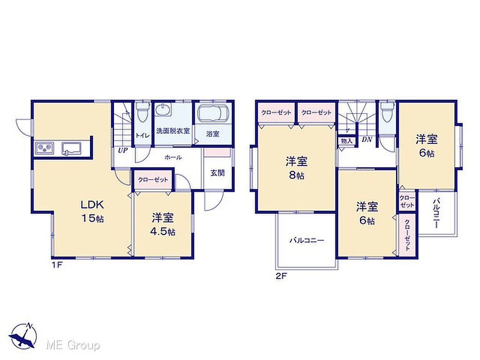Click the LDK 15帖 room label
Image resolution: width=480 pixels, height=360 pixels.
point(92,211)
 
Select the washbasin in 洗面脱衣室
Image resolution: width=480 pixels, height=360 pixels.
point(163,110)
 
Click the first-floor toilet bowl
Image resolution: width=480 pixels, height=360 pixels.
point(142,112)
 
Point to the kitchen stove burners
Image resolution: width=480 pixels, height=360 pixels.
point(45,149)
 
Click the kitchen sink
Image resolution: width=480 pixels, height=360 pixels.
point(71,149)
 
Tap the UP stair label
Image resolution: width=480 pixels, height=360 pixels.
point(123,150)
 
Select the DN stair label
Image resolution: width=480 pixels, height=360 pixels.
point(367,140)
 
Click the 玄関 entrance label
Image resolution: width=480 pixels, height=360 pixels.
point(217,173)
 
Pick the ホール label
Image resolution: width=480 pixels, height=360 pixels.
point(173,157)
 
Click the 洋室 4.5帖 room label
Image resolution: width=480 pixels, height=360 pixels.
point(163,225)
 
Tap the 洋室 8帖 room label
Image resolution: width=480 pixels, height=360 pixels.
point(296,168)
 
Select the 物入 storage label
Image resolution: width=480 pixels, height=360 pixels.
point(346,141)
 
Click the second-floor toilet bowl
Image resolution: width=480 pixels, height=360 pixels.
point(388,112)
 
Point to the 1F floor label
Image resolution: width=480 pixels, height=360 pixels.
point(57,265)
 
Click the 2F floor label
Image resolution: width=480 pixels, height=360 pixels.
point(281,277)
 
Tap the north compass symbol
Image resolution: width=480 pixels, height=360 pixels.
point(23,335)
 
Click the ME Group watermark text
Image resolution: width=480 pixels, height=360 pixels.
point(73,345)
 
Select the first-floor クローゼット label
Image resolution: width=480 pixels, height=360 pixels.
point(153,180)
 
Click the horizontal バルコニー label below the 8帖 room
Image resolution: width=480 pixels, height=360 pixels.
point(307,240)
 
